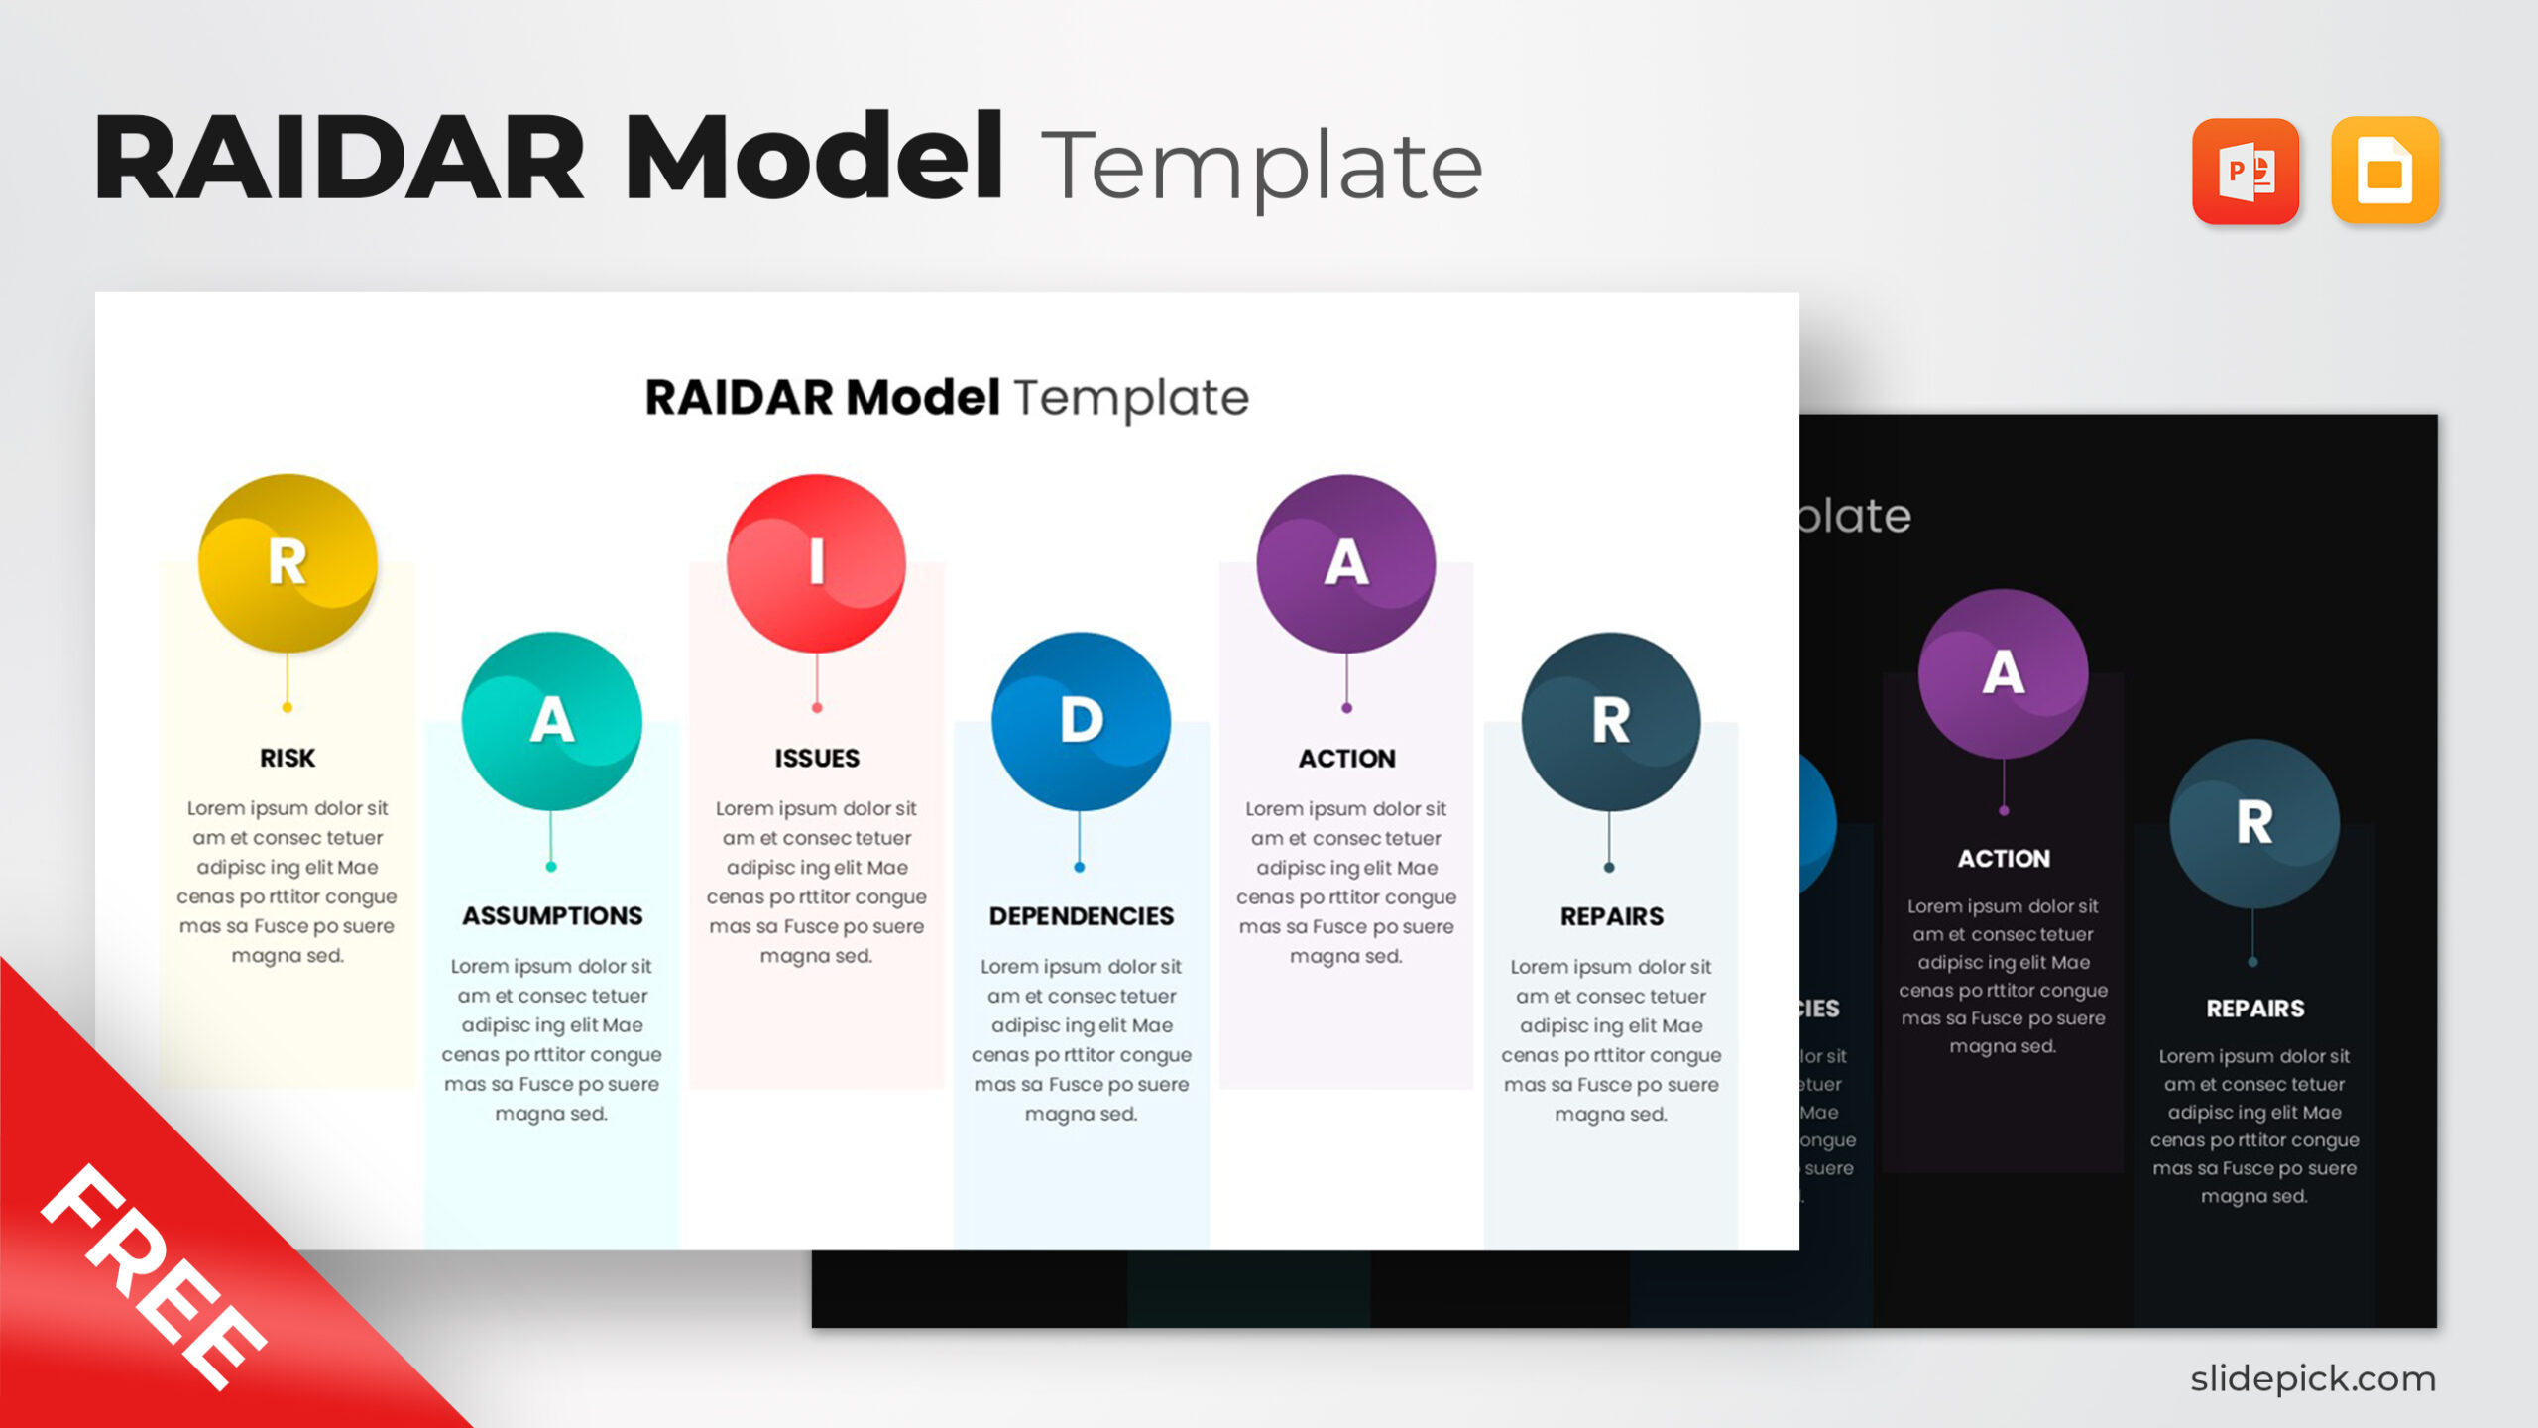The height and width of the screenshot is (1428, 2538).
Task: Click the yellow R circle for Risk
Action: (288, 563)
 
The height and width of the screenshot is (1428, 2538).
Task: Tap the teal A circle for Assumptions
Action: (551, 721)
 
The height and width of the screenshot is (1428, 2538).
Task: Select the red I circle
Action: (816, 563)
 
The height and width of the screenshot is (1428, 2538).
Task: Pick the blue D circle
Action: (1081, 721)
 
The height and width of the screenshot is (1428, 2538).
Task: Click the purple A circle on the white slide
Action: (1345, 563)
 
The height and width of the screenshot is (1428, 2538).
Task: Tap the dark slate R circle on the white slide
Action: (1610, 721)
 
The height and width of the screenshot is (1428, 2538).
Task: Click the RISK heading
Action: (288, 758)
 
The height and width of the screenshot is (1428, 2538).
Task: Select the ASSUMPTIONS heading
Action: (552, 915)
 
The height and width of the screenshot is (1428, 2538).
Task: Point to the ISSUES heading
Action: (817, 758)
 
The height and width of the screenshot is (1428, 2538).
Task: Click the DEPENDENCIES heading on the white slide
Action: (1081, 915)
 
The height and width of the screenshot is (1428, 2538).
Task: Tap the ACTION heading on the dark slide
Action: (2004, 858)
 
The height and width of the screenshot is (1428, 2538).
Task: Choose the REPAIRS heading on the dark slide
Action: (2254, 1009)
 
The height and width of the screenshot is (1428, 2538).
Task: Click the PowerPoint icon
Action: (2246, 172)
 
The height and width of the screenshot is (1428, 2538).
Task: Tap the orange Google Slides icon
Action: (2384, 172)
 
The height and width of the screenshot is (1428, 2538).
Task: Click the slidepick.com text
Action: (2312, 1378)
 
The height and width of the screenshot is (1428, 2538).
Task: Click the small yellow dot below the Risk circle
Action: (288, 707)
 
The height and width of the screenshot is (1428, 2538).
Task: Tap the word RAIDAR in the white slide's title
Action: (739, 397)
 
